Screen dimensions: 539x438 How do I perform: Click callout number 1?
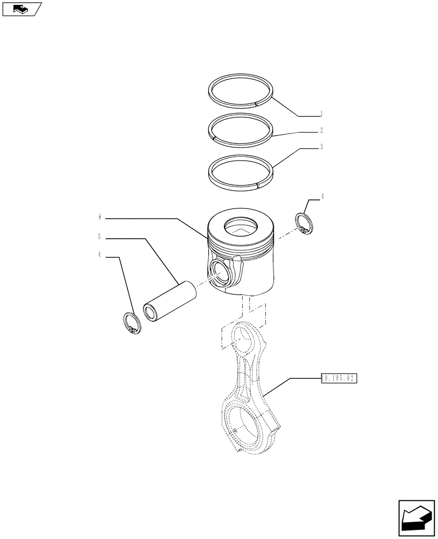click(x=321, y=114)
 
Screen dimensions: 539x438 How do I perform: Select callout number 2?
click(x=321, y=130)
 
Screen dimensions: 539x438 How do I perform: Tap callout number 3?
click(x=321, y=147)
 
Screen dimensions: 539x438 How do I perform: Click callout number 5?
click(x=100, y=236)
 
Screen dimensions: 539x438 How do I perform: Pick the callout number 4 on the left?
click(x=100, y=255)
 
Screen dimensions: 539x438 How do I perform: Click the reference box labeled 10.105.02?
click(x=339, y=378)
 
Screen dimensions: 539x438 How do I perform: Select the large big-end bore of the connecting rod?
click(x=248, y=426)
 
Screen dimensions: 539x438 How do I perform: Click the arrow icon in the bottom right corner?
click(x=416, y=518)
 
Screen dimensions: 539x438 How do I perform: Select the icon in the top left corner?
click(x=22, y=9)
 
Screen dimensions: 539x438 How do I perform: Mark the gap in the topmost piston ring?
click(x=255, y=102)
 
